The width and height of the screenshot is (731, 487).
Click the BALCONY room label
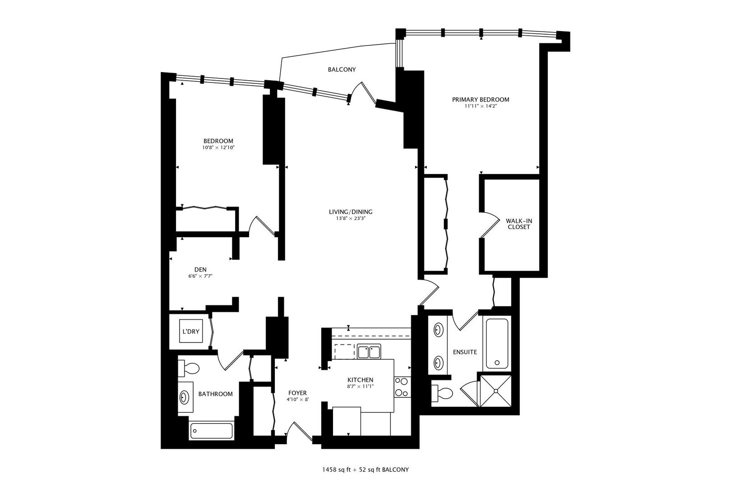342,69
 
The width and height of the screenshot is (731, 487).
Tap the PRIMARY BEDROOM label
481,100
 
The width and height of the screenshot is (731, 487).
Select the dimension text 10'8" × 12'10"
218,147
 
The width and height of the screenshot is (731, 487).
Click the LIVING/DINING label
351,212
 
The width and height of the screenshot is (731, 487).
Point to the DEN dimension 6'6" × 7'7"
200,276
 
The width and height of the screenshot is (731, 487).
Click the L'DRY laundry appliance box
190,331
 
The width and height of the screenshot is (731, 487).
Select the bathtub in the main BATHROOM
211,431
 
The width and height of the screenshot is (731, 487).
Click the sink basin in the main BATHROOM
185,398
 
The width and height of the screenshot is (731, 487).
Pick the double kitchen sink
369,352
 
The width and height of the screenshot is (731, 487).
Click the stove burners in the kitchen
401,387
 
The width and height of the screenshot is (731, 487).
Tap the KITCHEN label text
360,380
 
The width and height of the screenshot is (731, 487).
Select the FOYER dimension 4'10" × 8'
297,400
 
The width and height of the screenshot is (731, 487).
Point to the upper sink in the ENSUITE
438,330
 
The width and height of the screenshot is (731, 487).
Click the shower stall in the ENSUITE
497,391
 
